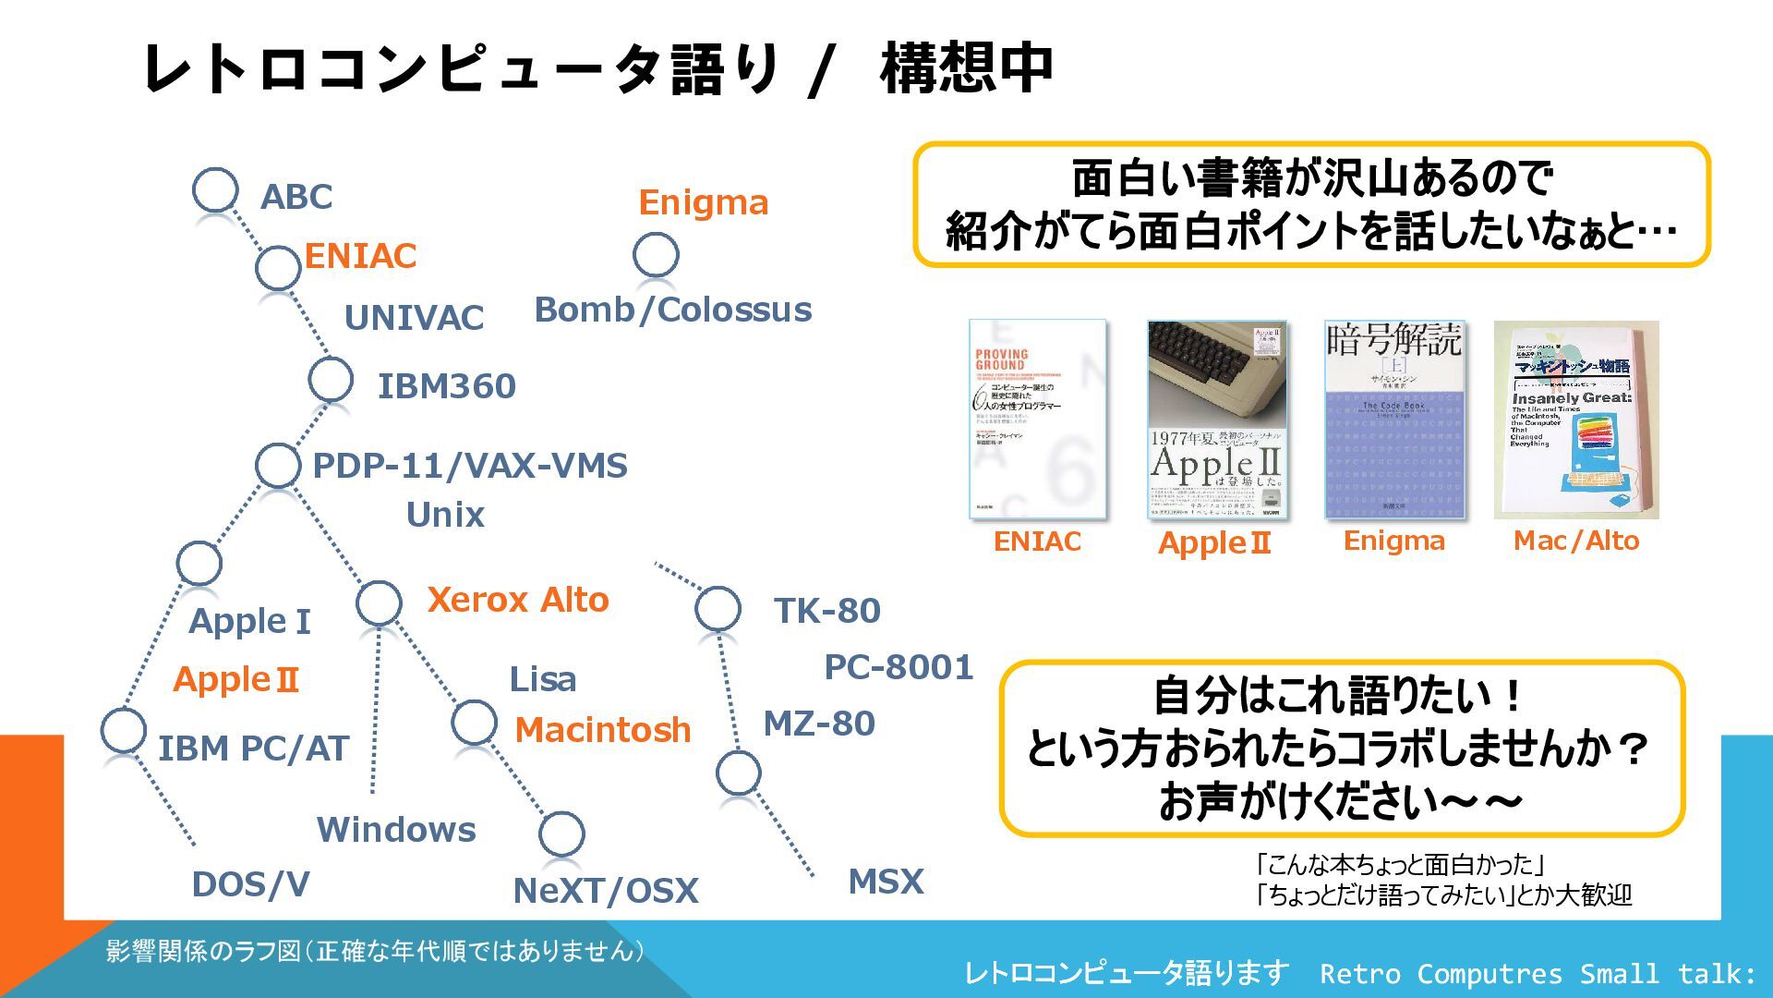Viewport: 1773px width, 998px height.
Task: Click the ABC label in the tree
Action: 295,197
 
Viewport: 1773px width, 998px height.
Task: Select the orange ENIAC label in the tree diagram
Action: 360,256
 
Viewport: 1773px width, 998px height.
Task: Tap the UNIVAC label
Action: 414,318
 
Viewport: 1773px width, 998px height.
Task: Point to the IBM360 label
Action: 446,386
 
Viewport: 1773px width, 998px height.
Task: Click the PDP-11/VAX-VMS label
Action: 470,466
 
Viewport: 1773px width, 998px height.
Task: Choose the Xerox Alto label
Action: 518,601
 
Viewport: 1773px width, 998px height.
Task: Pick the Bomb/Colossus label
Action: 673,310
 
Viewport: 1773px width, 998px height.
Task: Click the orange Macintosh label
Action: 602,730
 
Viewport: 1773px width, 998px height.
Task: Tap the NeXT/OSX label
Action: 606,891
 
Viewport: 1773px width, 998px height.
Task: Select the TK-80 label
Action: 827,611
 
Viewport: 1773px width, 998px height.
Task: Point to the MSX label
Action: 886,882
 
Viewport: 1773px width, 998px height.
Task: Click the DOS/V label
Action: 250,884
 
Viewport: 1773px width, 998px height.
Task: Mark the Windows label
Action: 396,830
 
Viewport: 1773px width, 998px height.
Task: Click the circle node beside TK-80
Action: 718,609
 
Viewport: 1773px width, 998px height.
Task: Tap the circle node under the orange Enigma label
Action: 657,254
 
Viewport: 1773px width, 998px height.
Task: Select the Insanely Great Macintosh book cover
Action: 1576,420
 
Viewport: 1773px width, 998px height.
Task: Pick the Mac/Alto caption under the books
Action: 1576,541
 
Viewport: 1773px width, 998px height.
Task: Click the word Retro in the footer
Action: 1358,974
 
